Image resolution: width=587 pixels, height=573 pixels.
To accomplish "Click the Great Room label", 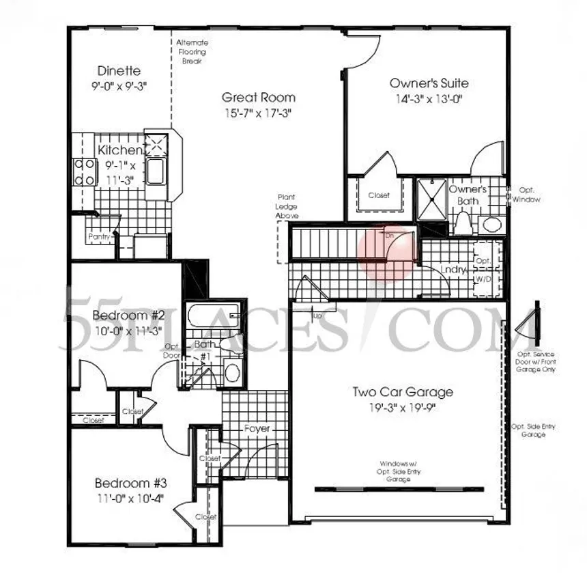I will point(258,98).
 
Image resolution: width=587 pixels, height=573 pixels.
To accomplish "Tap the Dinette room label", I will point(119,70).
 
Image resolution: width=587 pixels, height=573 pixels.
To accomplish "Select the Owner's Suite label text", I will point(429,83).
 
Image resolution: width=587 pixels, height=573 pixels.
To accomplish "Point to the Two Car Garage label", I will point(402,392).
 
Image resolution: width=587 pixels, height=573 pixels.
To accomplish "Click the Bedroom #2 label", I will point(129,316).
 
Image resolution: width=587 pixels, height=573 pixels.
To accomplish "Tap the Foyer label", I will point(257,428).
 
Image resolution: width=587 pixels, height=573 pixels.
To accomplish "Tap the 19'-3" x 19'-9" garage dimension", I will point(402,408).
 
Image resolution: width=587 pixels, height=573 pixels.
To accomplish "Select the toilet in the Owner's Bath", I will point(464,222).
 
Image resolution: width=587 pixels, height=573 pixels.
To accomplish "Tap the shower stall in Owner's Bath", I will point(431,198).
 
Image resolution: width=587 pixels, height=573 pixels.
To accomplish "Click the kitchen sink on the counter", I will point(156,172).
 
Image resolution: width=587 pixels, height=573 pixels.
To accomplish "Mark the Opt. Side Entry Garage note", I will point(533,430).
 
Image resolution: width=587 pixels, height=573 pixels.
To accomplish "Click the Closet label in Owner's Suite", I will point(379,195).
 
